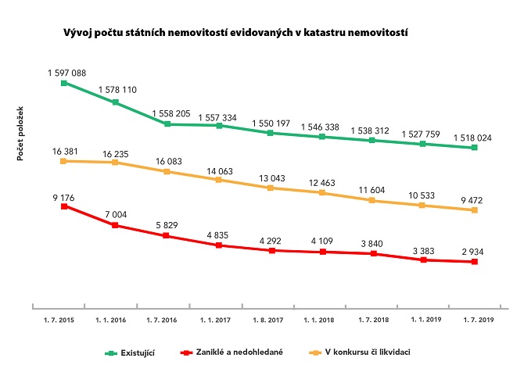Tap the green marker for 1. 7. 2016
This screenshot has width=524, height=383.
[167, 123]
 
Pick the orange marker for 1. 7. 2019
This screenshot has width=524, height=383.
[475, 210]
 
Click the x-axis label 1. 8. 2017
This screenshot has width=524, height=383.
[270, 320]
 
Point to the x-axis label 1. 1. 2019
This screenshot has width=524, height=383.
[423, 320]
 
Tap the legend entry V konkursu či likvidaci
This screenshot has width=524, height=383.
[361, 353]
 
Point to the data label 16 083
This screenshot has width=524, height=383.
[167, 161]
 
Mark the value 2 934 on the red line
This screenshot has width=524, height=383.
[475, 251]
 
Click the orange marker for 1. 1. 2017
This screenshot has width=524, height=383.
[219, 180]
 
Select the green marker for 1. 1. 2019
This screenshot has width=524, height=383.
[423, 144]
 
